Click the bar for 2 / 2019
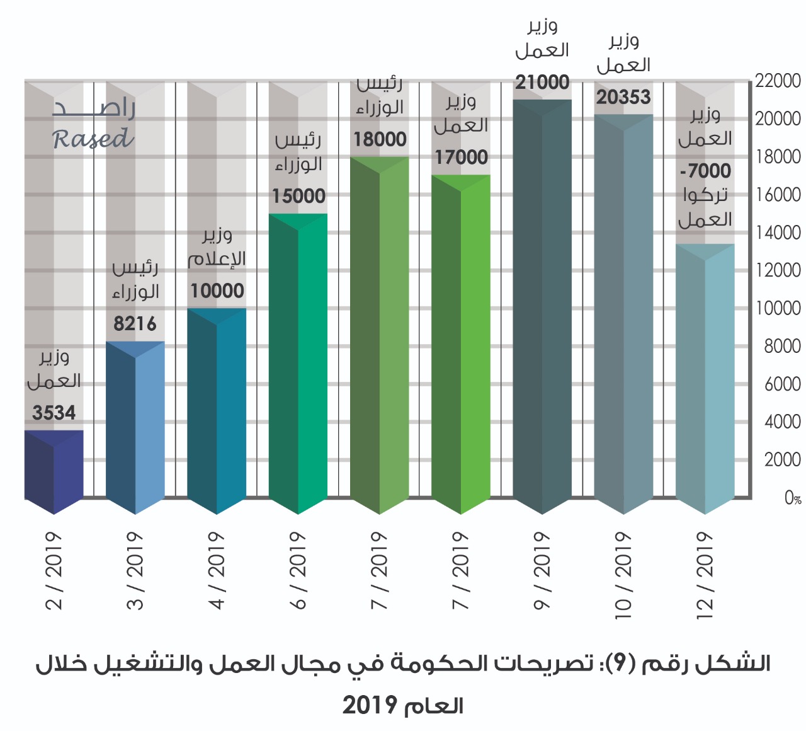pos(54,469)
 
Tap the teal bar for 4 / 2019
pos(217,410)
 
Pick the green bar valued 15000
pos(298,362)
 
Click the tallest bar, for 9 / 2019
pos(542,302)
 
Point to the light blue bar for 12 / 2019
pos(705,378)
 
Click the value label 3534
pos(54,413)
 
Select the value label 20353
pos(623,97)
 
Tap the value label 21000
pos(542,82)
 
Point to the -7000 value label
pos(705,171)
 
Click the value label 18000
pos(380,139)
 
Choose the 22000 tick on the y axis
pos(778,81)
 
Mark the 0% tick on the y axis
pos(792,498)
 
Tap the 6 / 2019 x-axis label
pos(298,570)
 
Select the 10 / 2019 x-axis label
pos(623,575)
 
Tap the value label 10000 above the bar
pos(217,291)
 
